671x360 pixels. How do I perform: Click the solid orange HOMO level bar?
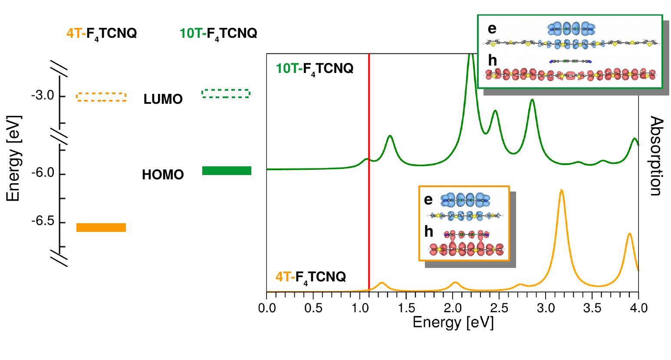click(x=101, y=228)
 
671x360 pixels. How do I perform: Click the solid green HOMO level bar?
click(x=227, y=171)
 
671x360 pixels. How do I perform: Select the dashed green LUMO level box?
click(x=226, y=93)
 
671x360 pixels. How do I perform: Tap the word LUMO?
click(x=163, y=99)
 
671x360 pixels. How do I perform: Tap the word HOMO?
click(x=163, y=175)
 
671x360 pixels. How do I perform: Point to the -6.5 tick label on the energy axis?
click(x=43, y=221)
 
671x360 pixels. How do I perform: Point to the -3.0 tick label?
click(x=43, y=96)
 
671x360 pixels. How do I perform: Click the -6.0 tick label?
click(x=43, y=173)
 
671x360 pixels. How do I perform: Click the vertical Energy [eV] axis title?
click(x=13, y=159)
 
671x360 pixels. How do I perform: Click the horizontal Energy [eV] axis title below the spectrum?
click(x=453, y=323)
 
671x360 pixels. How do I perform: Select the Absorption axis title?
click(x=656, y=156)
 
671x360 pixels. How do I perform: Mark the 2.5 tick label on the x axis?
click(x=499, y=308)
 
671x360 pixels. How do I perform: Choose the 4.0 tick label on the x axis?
click(x=638, y=308)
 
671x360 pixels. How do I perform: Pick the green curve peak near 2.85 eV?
click(x=532, y=100)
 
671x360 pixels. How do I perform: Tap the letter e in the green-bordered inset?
click(x=492, y=29)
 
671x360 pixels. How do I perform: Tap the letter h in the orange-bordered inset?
click(x=429, y=231)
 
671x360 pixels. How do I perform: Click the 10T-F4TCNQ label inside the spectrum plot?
click(x=315, y=69)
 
